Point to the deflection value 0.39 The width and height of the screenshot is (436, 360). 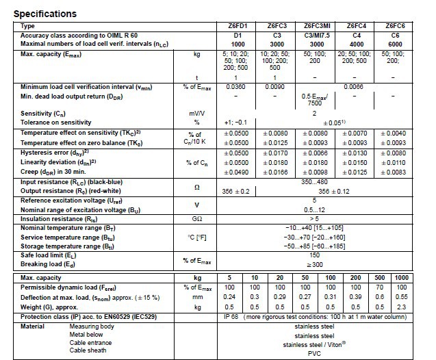point(355,297)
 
